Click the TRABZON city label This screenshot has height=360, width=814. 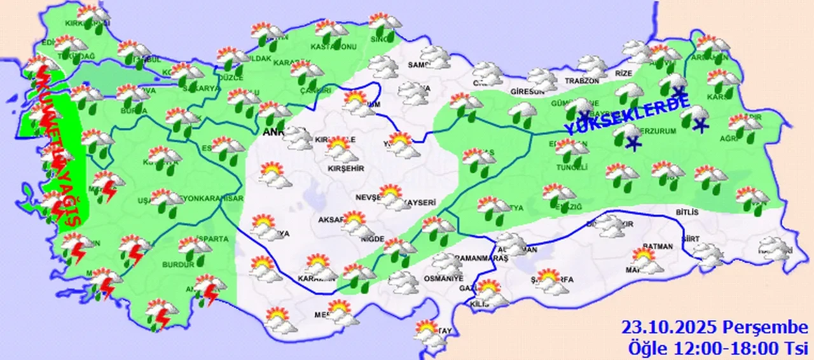tap(582, 81)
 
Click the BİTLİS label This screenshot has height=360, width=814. tap(687, 212)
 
